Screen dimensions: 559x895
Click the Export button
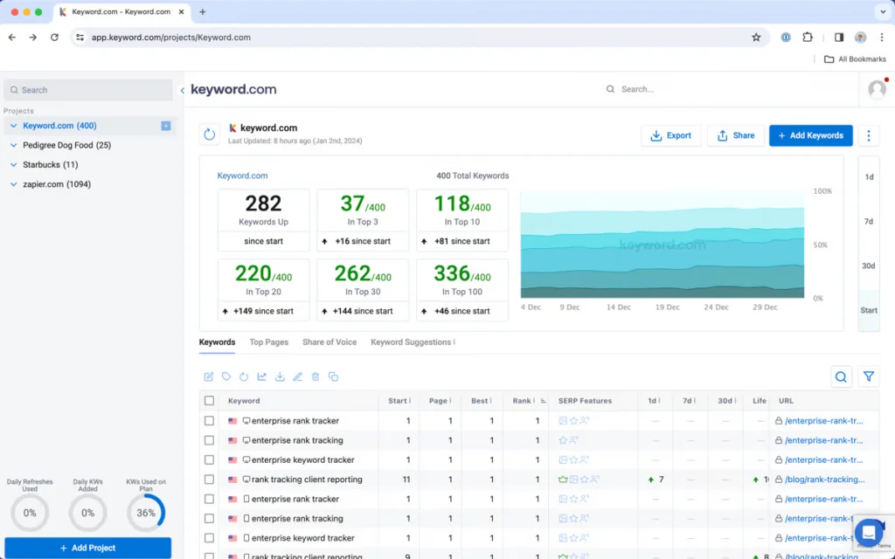(x=670, y=135)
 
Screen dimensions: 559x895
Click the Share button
(x=735, y=135)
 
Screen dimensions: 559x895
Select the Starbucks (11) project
(x=50, y=165)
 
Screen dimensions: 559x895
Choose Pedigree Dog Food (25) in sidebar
(x=66, y=145)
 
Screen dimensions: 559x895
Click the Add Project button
(x=87, y=548)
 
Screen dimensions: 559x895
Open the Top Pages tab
(x=268, y=342)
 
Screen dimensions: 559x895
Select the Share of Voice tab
(x=330, y=342)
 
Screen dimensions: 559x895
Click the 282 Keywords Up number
(x=263, y=204)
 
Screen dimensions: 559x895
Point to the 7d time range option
(x=869, y=222)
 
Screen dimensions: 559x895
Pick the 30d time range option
(x=869, y=266)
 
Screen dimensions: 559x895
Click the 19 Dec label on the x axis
(x=668, y=307)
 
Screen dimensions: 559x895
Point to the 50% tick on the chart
(x=819, y=245)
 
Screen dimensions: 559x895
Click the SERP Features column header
(x=585, y=401)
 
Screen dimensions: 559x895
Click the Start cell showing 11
(x=406, y=480)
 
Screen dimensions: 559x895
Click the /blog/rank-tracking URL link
(x=824, y=480)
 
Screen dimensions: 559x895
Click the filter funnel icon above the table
(x=869, y=376)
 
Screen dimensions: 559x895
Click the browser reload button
(x=54, y=38)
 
